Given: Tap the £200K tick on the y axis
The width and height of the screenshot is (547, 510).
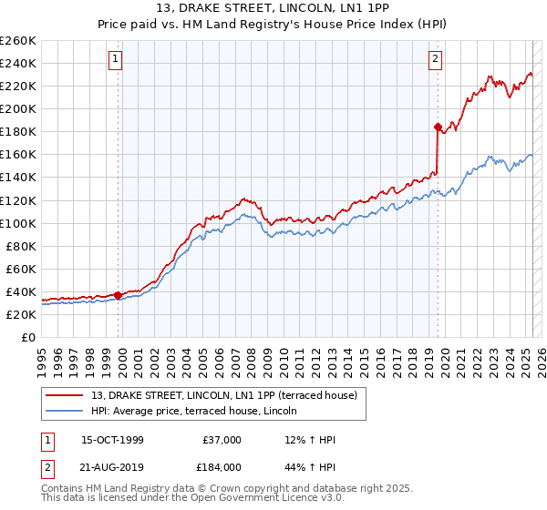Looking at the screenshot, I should coord(18,108).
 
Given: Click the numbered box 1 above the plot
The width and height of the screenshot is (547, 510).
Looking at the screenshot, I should coord(117,60).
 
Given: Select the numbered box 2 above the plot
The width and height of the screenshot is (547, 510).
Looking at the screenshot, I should coord(436,60).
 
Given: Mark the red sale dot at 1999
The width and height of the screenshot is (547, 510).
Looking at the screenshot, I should coord(119,295).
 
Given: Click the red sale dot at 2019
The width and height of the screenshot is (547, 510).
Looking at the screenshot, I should coord(439,127).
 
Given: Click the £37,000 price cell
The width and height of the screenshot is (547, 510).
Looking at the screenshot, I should coord(222,440).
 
